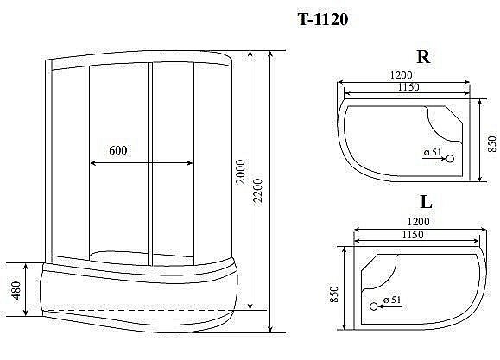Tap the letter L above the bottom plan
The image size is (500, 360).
425,204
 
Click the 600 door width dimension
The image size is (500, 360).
119,150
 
